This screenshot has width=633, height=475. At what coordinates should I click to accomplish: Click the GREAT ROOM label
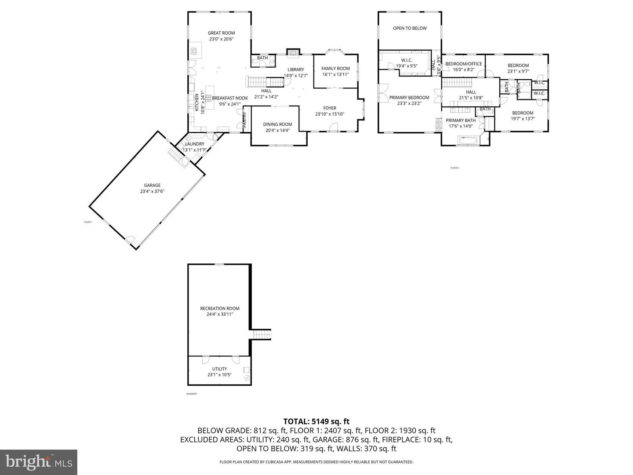tap(221, 33)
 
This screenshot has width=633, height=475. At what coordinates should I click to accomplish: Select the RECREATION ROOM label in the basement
tap(219, 308)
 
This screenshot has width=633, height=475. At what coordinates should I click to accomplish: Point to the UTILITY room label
tap(219, 369)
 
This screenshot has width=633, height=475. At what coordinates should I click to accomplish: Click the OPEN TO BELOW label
tap(410, 28)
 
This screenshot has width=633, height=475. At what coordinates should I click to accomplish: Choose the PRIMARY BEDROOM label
tap(409, 98)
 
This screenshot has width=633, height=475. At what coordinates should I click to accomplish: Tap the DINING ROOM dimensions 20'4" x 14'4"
tap(277, 130)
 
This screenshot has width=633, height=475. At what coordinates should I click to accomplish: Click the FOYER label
tap(329, 108)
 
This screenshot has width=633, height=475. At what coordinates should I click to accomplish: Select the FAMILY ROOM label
tap(335, 69)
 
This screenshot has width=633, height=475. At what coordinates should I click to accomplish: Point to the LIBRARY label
tap(296, 69)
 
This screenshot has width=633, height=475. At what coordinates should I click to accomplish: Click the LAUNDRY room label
tap(194, 144)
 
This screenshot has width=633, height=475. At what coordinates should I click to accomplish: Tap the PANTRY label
tap(245, 120)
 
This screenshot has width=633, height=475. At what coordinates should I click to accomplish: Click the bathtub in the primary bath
tap(467, 141)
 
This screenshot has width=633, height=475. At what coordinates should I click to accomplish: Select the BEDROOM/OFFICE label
tap(463, 64)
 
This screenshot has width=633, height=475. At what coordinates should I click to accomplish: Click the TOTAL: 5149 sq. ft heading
tap(316, 421)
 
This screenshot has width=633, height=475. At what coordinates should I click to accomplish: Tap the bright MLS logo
tap(39, 462)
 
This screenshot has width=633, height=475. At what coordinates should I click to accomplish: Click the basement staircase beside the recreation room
tap(262, 334)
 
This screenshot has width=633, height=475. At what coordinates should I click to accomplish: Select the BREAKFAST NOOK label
tap(230, 98)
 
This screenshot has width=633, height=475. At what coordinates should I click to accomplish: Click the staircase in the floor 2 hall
tap(456, 82)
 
